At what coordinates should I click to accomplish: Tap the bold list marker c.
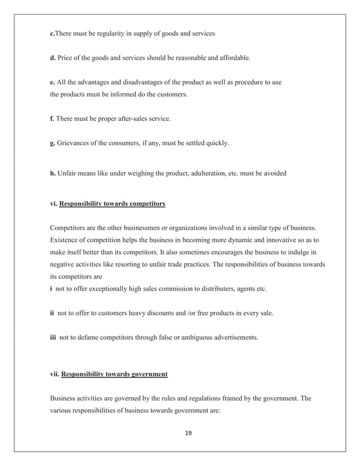click(x=52, y=33)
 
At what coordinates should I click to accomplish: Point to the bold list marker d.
click(x=52, y=58)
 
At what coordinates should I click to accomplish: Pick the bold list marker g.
click(x=52, y=143)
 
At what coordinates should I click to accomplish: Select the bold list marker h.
click(x=52, y=173)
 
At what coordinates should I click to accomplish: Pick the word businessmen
click(x=131, y=228)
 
